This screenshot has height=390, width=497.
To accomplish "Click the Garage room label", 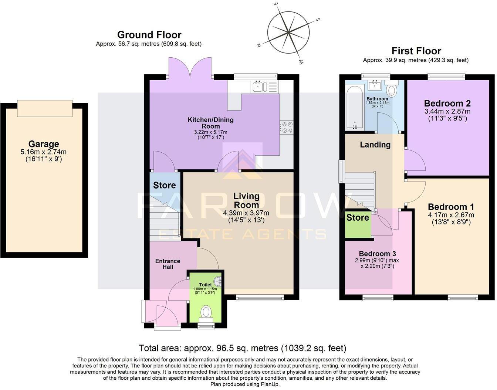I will [44, 144].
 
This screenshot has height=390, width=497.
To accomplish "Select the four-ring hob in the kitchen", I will [287, 127].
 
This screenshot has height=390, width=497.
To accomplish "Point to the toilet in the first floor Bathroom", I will [392, 89].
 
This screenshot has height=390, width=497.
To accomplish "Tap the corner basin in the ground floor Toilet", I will [220, 282].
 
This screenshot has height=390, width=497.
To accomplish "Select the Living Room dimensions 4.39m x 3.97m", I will [246, 213].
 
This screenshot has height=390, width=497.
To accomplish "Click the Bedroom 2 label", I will [447, 103].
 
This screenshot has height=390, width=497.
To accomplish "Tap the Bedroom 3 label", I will [377, 254].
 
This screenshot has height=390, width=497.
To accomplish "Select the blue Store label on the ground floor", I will [164, 185].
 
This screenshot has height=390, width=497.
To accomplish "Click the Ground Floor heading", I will [149, 35].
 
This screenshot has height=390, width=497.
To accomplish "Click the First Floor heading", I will [416, 51].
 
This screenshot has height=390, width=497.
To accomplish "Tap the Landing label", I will [375, 145].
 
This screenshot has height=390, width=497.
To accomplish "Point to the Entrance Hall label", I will [168, 264].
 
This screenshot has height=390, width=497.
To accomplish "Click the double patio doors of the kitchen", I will [190, 69].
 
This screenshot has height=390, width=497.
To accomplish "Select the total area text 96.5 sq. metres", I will [242, 348].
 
